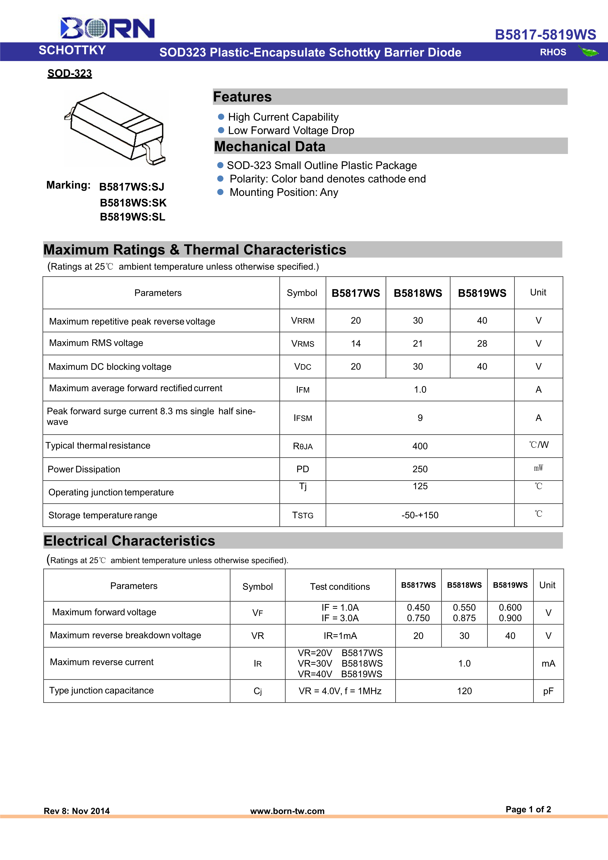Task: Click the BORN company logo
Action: pyautogui.click(x=107, y=28)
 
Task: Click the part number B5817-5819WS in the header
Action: pyautogui.click(x=545, y=35)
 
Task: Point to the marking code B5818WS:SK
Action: pyautogui.click(x=133, y=203)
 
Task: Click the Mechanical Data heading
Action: pyautogui.click(x=270, y=146)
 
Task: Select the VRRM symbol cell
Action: pyautogui.click(x=302, y=321)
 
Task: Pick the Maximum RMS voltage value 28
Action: pyautogui.click(x=482, y=343)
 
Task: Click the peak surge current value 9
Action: pyautogui.click(x=420, y=418)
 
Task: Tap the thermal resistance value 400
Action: pyautogui.click(x=420, y=446)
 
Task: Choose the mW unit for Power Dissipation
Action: pyautogui.click(x=538, y=468)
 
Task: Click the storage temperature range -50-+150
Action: pyautogui.click(x=420, y=515)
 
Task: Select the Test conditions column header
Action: pyautogui.click(x=340, y=587)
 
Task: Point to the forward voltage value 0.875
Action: pyautogui.click(x=464, y=618)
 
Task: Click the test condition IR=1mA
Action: pyautogui.click(x=340, y=636)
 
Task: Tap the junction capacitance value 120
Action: pyautogui.click(x=464, y=691)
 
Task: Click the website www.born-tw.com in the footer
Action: pyautogui.click(x=287, y=811)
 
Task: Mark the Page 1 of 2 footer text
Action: pyautogui.click(x=528, y=809)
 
